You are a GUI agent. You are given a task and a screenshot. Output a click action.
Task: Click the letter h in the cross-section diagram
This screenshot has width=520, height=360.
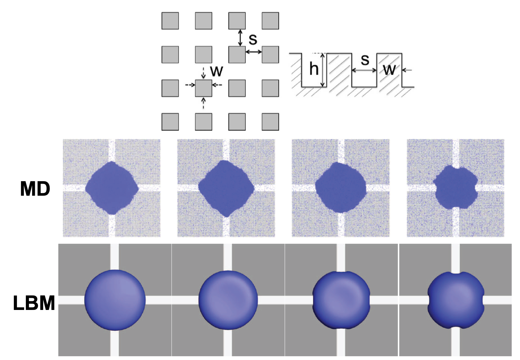[313, 69]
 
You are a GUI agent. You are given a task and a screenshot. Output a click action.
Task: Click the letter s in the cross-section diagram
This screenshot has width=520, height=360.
[365, 60]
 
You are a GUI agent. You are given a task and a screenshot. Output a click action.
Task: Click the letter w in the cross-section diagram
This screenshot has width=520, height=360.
[389, 69]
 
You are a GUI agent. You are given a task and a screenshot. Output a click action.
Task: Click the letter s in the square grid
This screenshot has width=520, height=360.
[253, 39]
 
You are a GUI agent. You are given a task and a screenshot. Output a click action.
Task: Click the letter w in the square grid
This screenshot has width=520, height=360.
[217, 71]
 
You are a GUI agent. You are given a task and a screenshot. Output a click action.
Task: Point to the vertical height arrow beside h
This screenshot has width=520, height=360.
[322, 70]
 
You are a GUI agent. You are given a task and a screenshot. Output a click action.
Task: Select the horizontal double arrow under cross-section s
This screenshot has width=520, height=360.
[364, 70]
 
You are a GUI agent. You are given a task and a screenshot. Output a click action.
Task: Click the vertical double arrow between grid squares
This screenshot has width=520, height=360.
[240, 38]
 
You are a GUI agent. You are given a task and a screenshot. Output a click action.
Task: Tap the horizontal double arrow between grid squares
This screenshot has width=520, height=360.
[253, 52]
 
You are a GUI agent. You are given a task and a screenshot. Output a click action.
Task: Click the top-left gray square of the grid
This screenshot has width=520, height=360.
[170, 21]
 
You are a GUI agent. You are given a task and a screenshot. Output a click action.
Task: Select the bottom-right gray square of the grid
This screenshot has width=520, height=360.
[270, 121]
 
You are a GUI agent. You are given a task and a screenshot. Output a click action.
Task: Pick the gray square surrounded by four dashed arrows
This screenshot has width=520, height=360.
[203, 88]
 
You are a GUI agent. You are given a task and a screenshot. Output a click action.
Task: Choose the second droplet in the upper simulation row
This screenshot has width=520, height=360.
[226, 188]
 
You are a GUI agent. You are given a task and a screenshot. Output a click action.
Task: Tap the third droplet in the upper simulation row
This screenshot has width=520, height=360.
[341, 187]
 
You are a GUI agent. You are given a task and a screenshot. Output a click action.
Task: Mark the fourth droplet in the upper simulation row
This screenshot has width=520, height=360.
[456, 187]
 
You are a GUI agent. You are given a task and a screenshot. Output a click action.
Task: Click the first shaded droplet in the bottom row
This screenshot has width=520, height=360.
[115, 300]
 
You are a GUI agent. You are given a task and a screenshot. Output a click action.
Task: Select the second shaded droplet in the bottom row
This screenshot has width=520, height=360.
[228, 300]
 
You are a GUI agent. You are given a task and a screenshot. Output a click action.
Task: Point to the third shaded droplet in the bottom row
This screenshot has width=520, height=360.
[341, 300]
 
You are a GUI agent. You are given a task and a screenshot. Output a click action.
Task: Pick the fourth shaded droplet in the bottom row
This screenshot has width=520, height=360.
[456, 300]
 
